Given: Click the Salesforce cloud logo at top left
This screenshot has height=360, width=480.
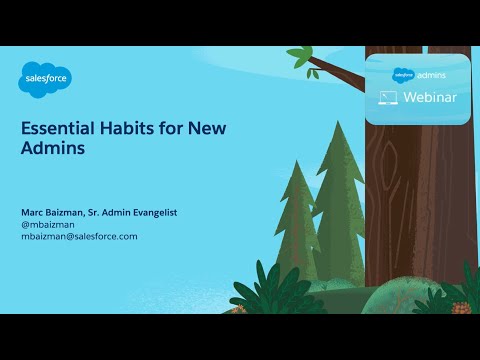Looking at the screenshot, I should click(46, 77).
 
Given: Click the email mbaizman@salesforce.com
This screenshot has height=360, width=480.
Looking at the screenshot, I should click(79, 236).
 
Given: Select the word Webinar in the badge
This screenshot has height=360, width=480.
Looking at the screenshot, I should click(434, 98).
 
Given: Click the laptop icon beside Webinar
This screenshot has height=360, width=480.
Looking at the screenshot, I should click(389, 98).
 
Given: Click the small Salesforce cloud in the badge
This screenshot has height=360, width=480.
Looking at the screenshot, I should click(403, 75).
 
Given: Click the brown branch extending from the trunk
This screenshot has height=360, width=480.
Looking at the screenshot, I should click(340, 73).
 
